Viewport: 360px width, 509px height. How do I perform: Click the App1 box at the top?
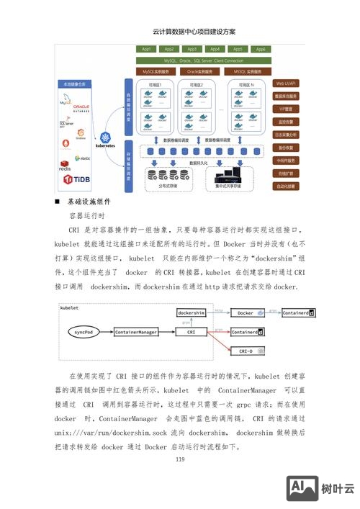click(x=146, y=49)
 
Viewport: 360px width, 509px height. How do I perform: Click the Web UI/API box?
click(x=287, y=84)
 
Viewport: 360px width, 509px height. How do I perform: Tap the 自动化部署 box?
click(x=287, y=186)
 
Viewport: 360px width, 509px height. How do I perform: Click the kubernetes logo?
click(x=109, y=139)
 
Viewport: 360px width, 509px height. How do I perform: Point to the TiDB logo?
click(x=77, y=179)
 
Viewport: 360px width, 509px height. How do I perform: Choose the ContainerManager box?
click(x=135, y=333)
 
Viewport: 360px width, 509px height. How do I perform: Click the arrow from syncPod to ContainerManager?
click(x=105, y=332)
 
